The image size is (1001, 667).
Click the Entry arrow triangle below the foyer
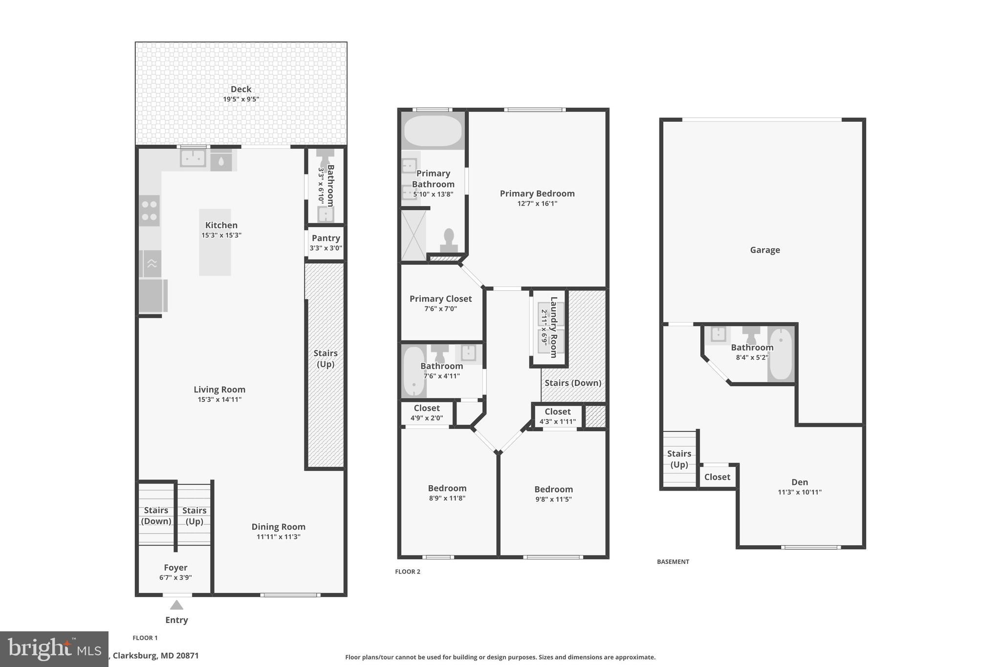coord(176,605)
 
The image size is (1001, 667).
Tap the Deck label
coord(241,89)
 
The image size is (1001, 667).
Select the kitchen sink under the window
coord(193,158)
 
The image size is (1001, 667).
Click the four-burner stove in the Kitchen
coord(149,211)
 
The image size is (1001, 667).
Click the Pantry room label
coord(326,238)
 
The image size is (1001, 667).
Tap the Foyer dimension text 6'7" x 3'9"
coord(175,578)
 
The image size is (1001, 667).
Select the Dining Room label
coord(278,527)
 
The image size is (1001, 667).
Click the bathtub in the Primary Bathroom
coord(433,130)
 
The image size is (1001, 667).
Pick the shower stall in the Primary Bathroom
coord(413,235)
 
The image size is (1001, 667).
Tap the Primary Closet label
coord(440,299)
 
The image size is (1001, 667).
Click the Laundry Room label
coord(554,327)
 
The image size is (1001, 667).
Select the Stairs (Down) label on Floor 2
coord(573,383)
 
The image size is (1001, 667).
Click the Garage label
coord(765,250)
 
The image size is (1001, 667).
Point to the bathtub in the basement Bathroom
coord(781,354)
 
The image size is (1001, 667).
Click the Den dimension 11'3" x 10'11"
coord(800,492)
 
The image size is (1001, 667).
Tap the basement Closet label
coord(717,477)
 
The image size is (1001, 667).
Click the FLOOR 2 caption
coord(408,572)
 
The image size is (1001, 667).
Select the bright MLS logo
coord(54,649)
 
